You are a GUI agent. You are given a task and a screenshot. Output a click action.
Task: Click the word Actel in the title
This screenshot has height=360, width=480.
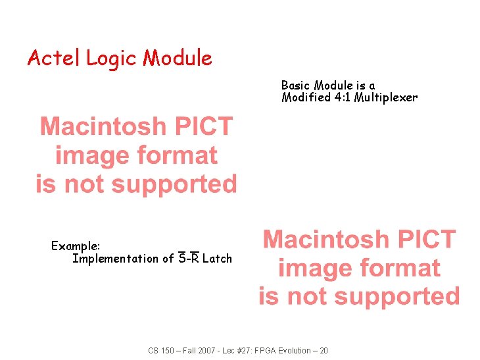54,59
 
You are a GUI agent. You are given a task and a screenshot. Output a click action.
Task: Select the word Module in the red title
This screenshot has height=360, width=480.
178,59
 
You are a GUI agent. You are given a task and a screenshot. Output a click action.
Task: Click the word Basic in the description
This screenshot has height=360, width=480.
296,86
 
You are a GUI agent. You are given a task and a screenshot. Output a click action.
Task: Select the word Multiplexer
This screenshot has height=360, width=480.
387,98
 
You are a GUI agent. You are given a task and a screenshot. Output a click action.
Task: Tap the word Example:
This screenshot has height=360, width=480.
76,246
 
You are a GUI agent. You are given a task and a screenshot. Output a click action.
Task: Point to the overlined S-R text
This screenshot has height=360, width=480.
189,259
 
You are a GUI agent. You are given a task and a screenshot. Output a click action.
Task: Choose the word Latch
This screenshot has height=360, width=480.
217,259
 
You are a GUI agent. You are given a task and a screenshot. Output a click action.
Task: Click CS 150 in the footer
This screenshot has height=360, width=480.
162,351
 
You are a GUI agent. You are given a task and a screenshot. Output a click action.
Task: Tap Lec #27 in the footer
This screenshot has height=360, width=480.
237,351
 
